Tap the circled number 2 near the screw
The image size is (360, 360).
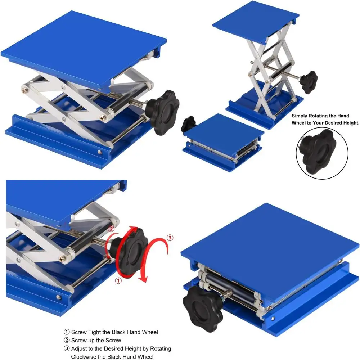coord(111,229)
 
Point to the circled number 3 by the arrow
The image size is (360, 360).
coord(170,237)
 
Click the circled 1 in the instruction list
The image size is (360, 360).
coord(67,332)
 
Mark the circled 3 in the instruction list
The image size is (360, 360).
coord(67,349)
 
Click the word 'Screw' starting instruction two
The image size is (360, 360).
coord(79,341)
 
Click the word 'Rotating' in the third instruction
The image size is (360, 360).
coord(160,349)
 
